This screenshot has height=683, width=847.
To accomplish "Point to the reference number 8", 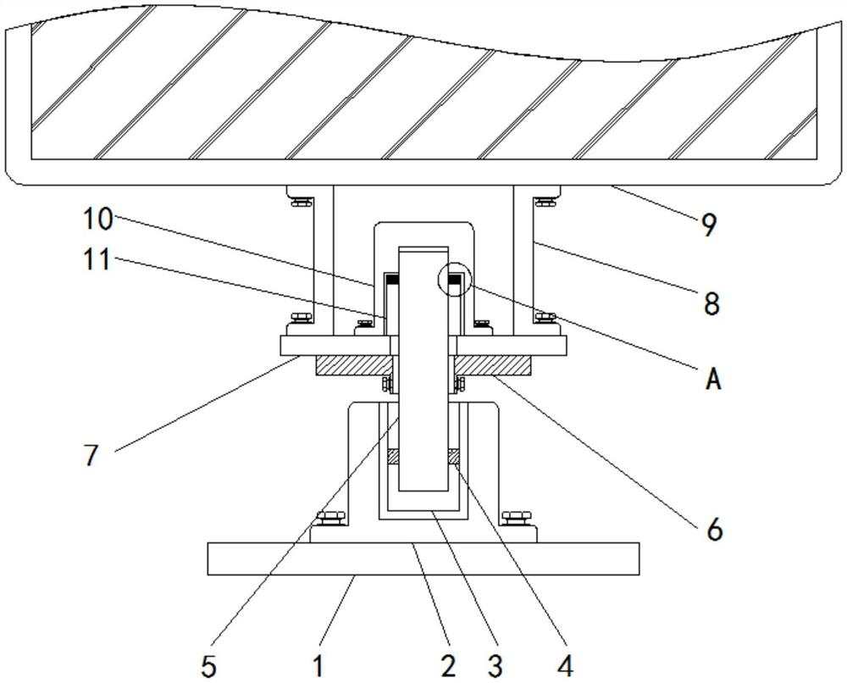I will pos(711,303).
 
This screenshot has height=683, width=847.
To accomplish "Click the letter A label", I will pos(713,380).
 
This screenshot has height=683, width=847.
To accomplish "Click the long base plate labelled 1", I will pos(423,559).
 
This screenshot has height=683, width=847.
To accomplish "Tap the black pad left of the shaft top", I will pos(392,278).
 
